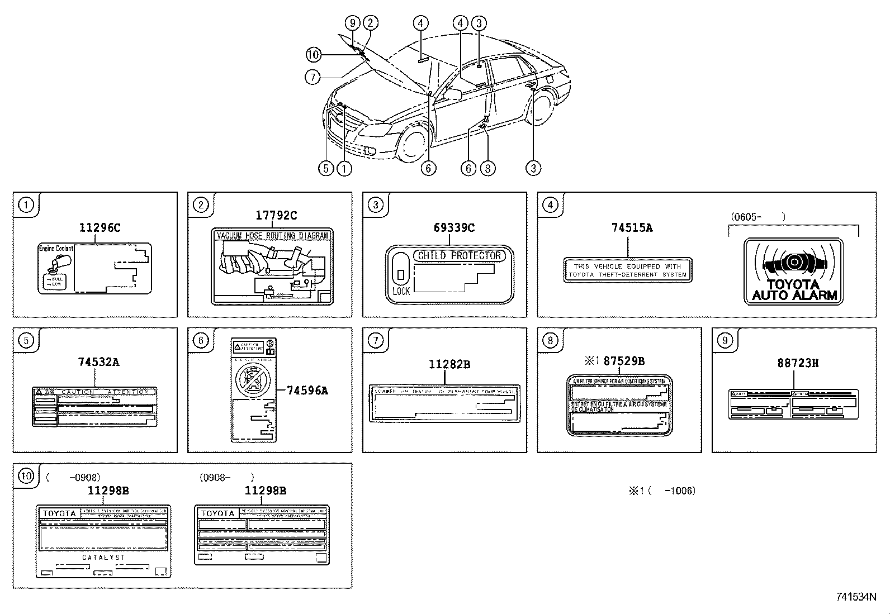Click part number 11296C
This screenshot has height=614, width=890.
(100, 227)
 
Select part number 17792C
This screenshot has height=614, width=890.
(276, 215)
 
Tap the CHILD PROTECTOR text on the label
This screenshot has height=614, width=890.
(460, 256)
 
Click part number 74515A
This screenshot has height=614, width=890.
(632, 227)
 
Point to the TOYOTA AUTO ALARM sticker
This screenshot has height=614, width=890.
(793, 272)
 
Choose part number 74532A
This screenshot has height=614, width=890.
(98, 361)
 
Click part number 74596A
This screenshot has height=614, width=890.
(307, 391)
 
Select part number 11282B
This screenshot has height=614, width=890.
(449, 364)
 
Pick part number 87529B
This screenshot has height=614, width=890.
(624, 361)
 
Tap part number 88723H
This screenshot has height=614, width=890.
(798, 363)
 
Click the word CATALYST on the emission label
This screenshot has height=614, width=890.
(104, 558)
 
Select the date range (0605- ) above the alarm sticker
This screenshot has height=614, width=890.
(758, 217)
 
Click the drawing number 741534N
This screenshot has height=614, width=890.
(856, 597)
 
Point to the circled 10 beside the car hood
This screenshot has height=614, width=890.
(314, 54)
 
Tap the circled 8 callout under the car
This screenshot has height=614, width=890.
(487, 168)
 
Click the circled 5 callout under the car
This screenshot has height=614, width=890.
(326, 168)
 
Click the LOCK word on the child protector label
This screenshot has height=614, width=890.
(401, 291)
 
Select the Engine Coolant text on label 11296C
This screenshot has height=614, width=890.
(56, 248)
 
